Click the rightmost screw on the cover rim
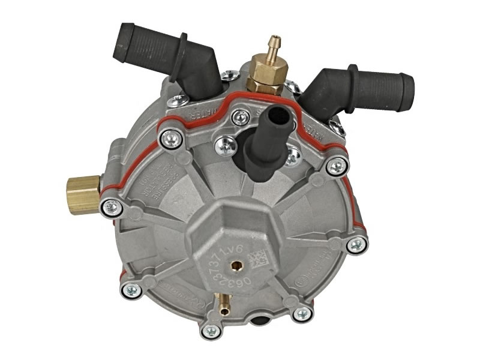coord(357,244)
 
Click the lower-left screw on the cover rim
coord(128,290)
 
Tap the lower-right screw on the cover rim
coord(302,313)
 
